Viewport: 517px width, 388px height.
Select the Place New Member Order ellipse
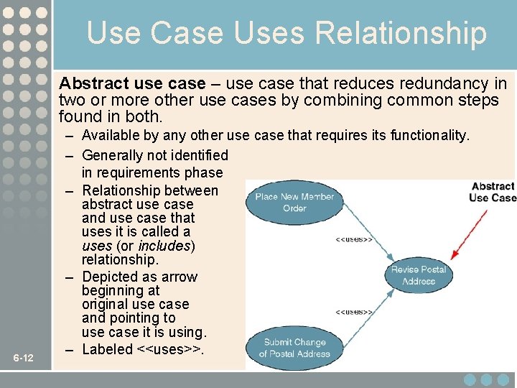[294, 202]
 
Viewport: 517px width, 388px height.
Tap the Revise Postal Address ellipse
[419, 275]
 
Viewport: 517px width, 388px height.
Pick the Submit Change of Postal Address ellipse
[294, 348]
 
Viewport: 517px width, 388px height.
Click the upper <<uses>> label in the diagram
[354, 239]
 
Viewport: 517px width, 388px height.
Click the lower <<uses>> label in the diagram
[354, 312]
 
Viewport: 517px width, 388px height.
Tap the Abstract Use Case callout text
[493, 192]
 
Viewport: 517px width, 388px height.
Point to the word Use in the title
[111, 34]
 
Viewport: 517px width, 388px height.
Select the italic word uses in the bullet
[96, 246]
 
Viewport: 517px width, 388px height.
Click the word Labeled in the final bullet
[108, 350]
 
